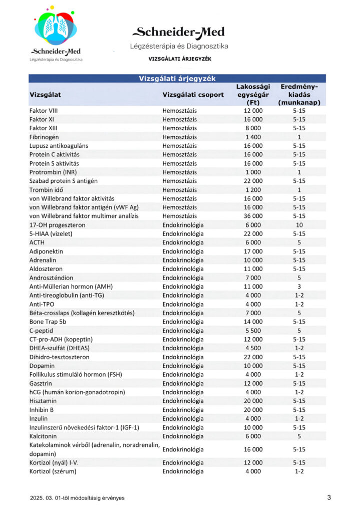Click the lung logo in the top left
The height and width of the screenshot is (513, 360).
pos(55,28)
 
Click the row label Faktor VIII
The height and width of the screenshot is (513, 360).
pos(44,110)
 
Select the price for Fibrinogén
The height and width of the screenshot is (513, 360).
pos(253,137)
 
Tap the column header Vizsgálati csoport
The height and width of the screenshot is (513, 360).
pos(193,94)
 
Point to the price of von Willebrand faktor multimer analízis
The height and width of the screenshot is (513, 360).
pos(253,216)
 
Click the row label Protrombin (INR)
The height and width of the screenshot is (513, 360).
pos(53,172)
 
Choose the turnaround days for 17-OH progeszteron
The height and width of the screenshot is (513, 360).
pos(299,225)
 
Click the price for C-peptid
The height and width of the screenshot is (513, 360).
pos(253,331)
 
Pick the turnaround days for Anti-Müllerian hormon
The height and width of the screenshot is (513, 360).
pos(299,287)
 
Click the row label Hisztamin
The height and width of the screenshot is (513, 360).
pos(43,401)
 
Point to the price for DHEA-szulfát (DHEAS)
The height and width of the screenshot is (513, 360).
pos(253,348)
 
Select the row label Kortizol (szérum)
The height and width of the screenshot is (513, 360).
pos(53,471)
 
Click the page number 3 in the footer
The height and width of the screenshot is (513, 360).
pos(329,497)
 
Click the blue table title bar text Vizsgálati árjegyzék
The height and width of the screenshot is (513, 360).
pos(177,79)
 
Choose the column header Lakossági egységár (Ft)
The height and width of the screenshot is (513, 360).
pos(253,94)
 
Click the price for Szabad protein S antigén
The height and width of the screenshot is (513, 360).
pos(253,181)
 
